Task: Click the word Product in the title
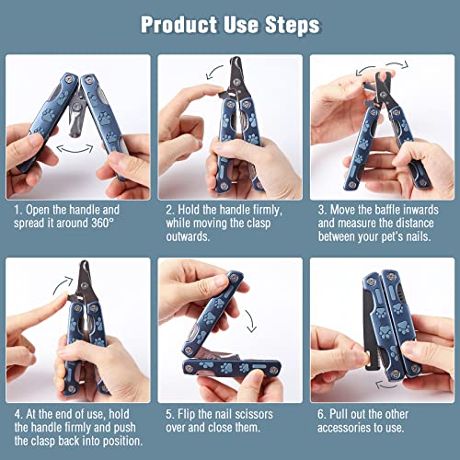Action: pos(179,25)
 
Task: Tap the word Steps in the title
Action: pos(293,25)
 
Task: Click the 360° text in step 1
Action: pos(102,223)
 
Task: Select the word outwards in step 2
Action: pos(188,236)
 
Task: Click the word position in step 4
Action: pos(122,441)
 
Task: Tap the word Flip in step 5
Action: pos(186,414)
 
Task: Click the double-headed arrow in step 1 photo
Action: pos(75,149)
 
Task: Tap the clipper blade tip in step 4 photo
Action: pos(84,262)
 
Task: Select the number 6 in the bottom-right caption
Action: pos(321,414)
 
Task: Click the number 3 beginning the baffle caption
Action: pos(321,210)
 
